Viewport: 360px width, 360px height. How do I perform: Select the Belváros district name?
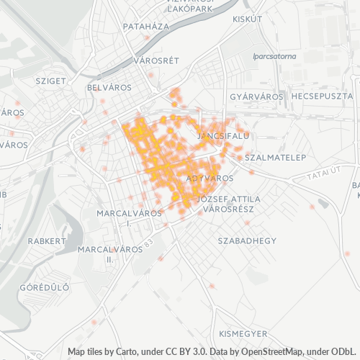[107, 87]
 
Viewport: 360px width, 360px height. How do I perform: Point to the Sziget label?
[50, 81]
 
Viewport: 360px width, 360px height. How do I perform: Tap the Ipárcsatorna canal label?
[275, 55]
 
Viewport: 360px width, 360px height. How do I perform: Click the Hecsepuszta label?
[322, 96]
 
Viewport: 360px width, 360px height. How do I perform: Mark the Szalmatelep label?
[276, 157]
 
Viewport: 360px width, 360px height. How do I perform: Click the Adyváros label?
[210, 177]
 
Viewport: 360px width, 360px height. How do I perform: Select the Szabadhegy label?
[247, 240]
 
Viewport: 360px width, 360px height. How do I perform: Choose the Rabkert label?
[46, 241]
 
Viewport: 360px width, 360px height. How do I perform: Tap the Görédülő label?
[44, 287]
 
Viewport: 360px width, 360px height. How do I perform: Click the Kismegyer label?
[243, 334]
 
